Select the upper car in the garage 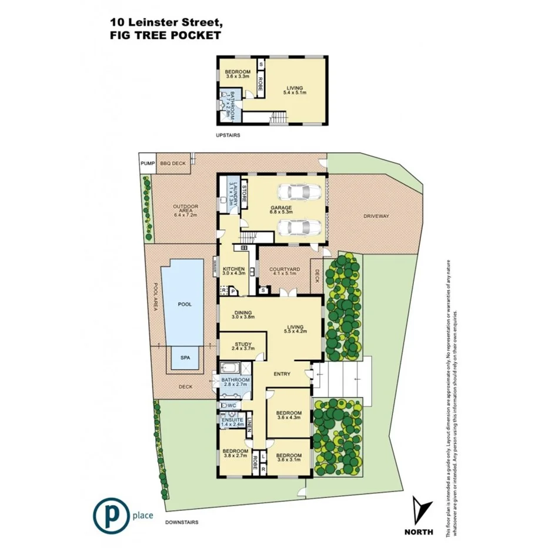point(299,192)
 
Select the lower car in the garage point(299,227)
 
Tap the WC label point(232,406)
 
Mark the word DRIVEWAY point(376,216)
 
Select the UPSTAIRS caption point(229,135)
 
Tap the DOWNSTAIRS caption point(182,522)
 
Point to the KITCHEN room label point(234,269)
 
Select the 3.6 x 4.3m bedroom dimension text point(289,417)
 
